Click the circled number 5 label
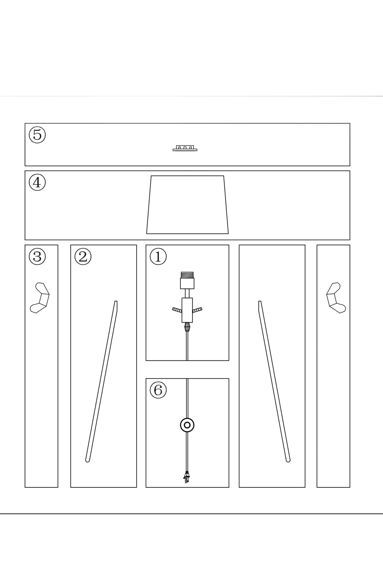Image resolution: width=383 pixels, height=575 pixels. tap(37, 135)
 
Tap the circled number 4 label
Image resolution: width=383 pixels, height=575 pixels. tap(37, 182)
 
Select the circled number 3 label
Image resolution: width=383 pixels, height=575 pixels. tap(37, 257)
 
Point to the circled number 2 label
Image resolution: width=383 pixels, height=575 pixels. tap(83, 257)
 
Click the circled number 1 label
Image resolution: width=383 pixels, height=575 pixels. tap(158, 257)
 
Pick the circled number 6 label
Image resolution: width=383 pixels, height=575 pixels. tap(158, 390)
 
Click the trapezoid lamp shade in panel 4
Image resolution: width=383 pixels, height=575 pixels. tap(187, 205)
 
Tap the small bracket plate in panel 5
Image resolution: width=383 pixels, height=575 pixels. tap(185, 148)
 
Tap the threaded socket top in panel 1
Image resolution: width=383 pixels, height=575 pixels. tap(187, 275)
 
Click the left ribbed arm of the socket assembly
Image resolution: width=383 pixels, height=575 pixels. tap(177, 310)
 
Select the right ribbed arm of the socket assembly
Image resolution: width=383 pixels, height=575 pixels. tap(197, 310)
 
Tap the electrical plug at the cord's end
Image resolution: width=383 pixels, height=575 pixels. tap(187, 477)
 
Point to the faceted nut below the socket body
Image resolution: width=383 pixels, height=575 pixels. tap(187, 327)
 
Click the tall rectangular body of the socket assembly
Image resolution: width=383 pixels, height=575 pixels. tap(187, 310)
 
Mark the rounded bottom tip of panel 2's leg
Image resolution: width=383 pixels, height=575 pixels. tap(87, 461)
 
